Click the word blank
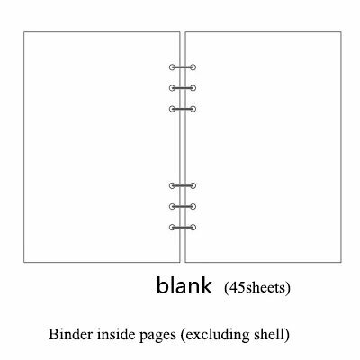(x=184, y=285)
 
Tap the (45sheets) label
(x=257, y=288)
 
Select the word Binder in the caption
(x=71, y=334)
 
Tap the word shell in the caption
(x=272, y=335)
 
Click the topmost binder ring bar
(x=183, y=67)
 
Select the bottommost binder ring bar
(x=183, y=228)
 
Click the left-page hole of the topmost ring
(x=172, y=67)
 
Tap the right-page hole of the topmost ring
(x=193, y=67)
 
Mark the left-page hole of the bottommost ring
(x=172, y=228)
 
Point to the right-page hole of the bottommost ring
(x=193, y=228)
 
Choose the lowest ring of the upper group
(x=183, y=109)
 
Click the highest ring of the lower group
(x=183, y=186)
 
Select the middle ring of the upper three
(x=183, y=88)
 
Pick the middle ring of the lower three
(x=183, y=207)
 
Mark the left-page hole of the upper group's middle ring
(x=172, y=88)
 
